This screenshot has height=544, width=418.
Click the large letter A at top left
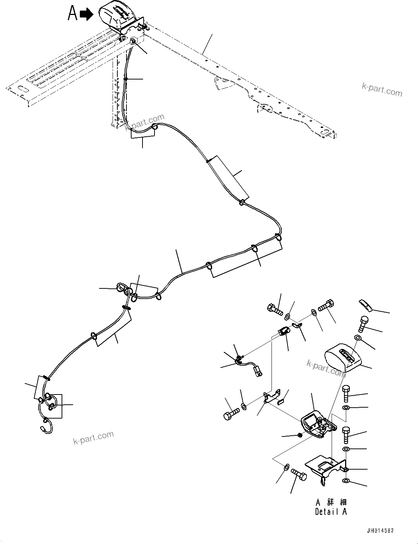[73, 14]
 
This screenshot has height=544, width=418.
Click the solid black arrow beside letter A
[86, 15]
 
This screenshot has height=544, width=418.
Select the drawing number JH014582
[378, 531]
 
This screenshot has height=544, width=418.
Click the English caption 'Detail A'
[331, 512]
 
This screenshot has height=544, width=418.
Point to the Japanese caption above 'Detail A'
[331, 502]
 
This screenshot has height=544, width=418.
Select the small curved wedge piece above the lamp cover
[364, 305]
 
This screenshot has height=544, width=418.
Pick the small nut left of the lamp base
[299, 435]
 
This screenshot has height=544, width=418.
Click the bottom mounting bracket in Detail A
[324, 469]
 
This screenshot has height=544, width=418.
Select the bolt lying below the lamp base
[299, 475]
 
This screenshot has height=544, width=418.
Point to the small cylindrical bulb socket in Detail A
[283, 332]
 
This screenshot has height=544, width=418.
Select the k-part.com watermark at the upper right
[382, 89]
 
